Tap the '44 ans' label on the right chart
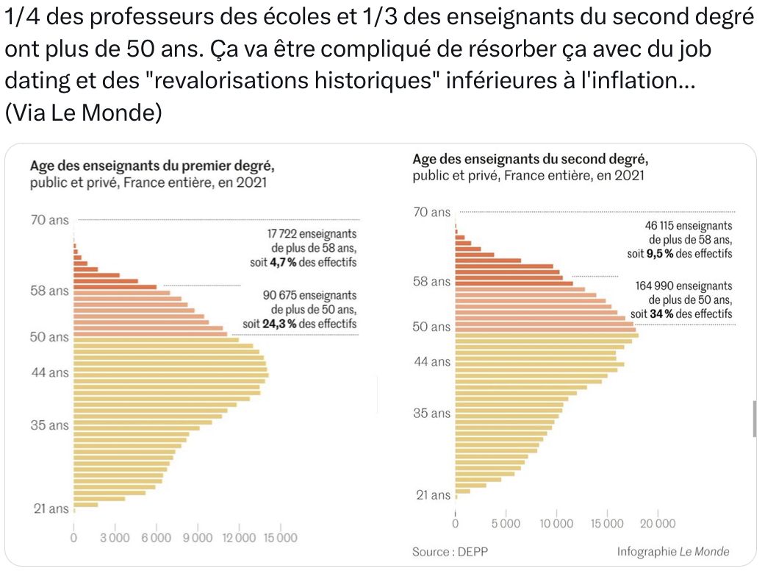431,361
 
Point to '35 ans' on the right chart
431,413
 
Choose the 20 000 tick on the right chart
657,523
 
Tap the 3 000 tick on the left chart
115,538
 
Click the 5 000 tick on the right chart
506,523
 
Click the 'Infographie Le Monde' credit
673,551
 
